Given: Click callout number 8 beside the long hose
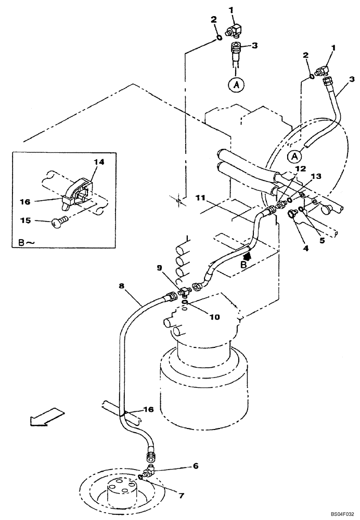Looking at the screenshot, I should click(121, 285).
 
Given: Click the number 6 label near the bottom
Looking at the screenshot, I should click(196, 466).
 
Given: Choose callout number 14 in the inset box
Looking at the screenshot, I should click(99, 162).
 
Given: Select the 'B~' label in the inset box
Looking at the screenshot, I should click(27, 242).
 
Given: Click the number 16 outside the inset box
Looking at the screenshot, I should click(149, 410).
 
